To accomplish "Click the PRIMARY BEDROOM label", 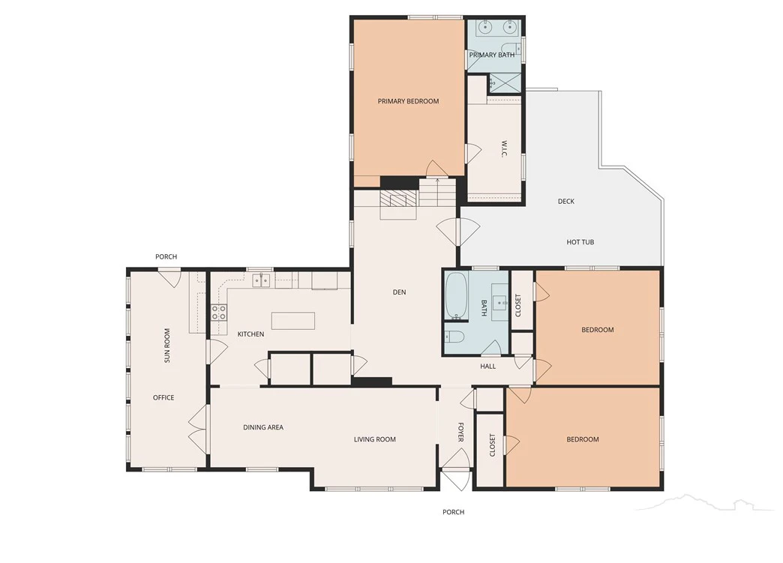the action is point(408,101).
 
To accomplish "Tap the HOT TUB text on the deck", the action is point(580,242).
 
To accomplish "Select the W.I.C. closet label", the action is point(504,148).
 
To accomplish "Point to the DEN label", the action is point(399,292).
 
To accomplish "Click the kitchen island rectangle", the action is point(293,320).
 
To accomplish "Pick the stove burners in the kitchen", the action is point(219,313).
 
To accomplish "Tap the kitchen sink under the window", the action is point(261,281).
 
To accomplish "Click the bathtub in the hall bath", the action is point(456,296).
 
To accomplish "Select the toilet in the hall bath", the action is point(455,337).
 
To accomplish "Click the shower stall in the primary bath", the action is point(504,83).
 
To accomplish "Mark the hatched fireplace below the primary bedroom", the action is point(398,199).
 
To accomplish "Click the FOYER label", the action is point(461,433).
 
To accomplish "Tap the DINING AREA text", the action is point(263,427).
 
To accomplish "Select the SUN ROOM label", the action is point(167,345).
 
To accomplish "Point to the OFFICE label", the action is point(163,398).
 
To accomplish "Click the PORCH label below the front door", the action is point(454,512).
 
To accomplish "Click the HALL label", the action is point(488,367).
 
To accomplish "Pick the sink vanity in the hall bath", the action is point(499,302).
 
